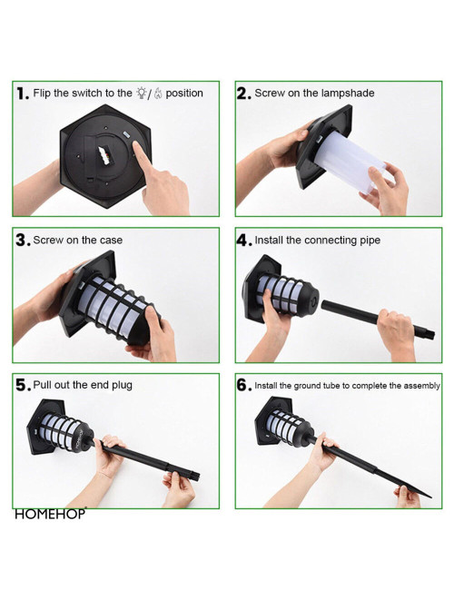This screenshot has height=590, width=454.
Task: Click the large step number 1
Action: tap(22, 93)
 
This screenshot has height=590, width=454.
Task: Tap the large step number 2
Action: tap(243, 93)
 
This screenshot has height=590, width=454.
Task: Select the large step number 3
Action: tap(23, 241)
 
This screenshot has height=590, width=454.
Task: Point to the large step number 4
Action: tap(243, 241)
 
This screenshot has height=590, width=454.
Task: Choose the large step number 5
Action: tap(23, 385)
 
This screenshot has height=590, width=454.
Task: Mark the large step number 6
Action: tap(243, 385)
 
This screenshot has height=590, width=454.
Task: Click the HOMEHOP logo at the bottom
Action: tap(51, 514)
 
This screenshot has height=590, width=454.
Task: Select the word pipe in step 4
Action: tap(370, 241)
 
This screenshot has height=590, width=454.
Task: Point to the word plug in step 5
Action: tap(122, 386)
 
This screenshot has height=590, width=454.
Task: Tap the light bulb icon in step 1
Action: tap(142, 93)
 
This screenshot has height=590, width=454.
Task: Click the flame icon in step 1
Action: tap(158, 93)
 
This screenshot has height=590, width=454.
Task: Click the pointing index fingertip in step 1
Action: tap(136, 145)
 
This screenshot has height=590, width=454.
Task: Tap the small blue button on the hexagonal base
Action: tap(125, 134)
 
